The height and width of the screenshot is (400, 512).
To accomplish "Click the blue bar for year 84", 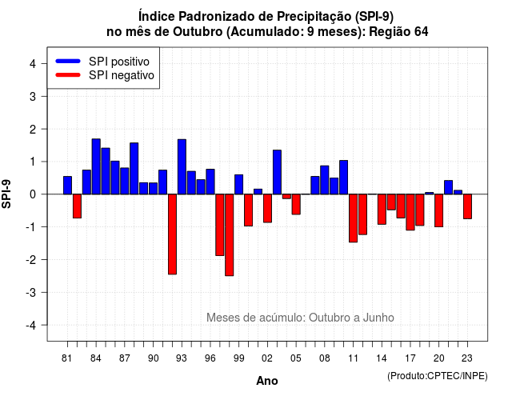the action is pos(96,166).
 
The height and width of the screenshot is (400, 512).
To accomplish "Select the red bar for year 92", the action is pos(172,234).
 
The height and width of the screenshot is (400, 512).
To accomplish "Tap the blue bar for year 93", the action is pos(182,167).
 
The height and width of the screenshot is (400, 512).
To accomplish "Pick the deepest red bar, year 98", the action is pos(230,235).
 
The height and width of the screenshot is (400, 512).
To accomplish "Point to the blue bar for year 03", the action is pos(277,172).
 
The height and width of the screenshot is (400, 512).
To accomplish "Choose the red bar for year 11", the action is pos(353,218).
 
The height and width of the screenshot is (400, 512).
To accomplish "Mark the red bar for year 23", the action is pos(467,206).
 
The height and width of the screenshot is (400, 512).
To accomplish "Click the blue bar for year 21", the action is pos(448,187).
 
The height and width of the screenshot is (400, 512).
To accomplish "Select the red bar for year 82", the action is pos(77,206).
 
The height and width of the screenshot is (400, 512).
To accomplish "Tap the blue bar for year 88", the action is pos(134,169).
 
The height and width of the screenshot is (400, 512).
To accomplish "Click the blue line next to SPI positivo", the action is pos(68,61).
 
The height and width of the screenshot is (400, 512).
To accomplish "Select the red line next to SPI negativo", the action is pos(68,74).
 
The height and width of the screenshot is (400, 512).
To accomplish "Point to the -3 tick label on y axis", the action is pos(31,292).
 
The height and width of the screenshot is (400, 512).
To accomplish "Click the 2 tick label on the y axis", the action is pos(33,129).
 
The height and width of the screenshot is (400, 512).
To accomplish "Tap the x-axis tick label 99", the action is pos(238,358).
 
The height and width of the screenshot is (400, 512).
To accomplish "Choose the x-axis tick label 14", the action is pos(382,358).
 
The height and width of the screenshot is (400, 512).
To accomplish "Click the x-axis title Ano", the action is pos(267,381).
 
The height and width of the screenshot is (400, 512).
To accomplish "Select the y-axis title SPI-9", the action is pos(6,194).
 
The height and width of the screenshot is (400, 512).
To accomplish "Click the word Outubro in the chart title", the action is pos(198,32).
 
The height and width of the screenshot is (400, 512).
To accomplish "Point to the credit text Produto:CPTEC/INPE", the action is pos(438,376).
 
